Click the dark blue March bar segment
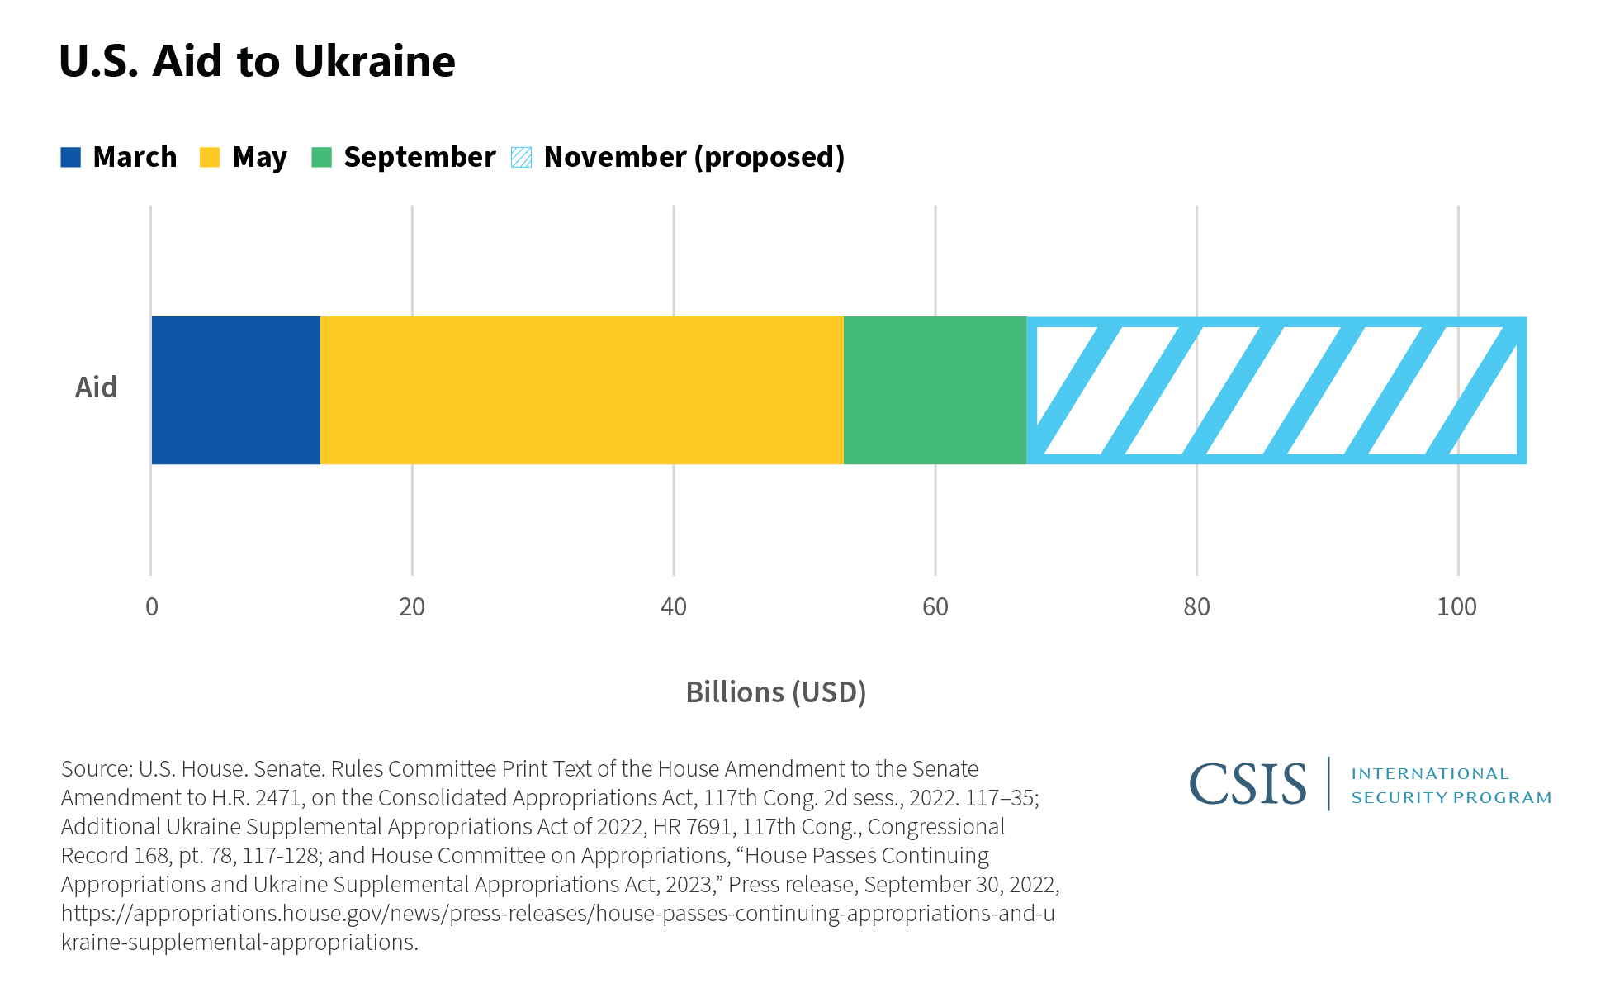point(235,390)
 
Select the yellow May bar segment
point(581,390)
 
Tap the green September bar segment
point(935,390)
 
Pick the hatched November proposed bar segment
point(1276,390)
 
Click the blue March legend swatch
point(71,157)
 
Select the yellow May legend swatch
point(210,157)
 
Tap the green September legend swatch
point(321,157)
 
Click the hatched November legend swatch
point(521,157)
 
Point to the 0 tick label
point(151,607)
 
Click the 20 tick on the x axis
point(412,607)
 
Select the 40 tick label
point(674,607)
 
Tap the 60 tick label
point(935,607)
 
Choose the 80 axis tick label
point(1196,607)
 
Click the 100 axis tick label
point(1457,607)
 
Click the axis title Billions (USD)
point(776,692)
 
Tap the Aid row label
point(96,387)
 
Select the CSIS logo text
point(1248,784)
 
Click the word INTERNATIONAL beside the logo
point(1430,774)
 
